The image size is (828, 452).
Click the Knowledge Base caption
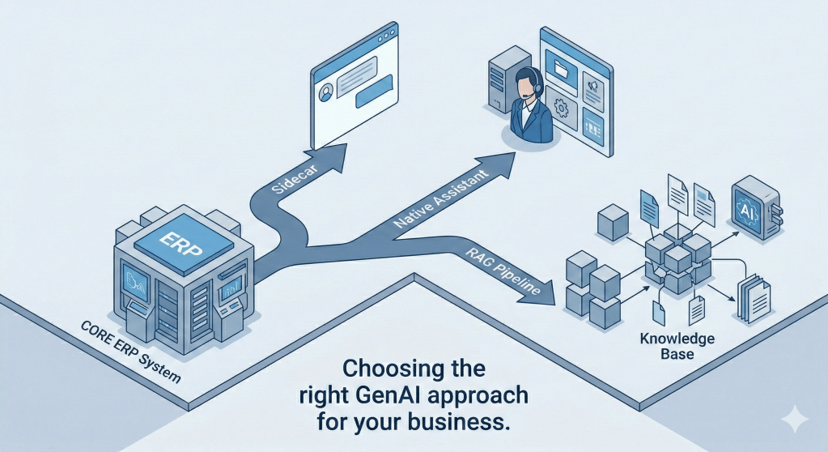tap(666, 346)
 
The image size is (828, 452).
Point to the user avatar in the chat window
tap(328, 91)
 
